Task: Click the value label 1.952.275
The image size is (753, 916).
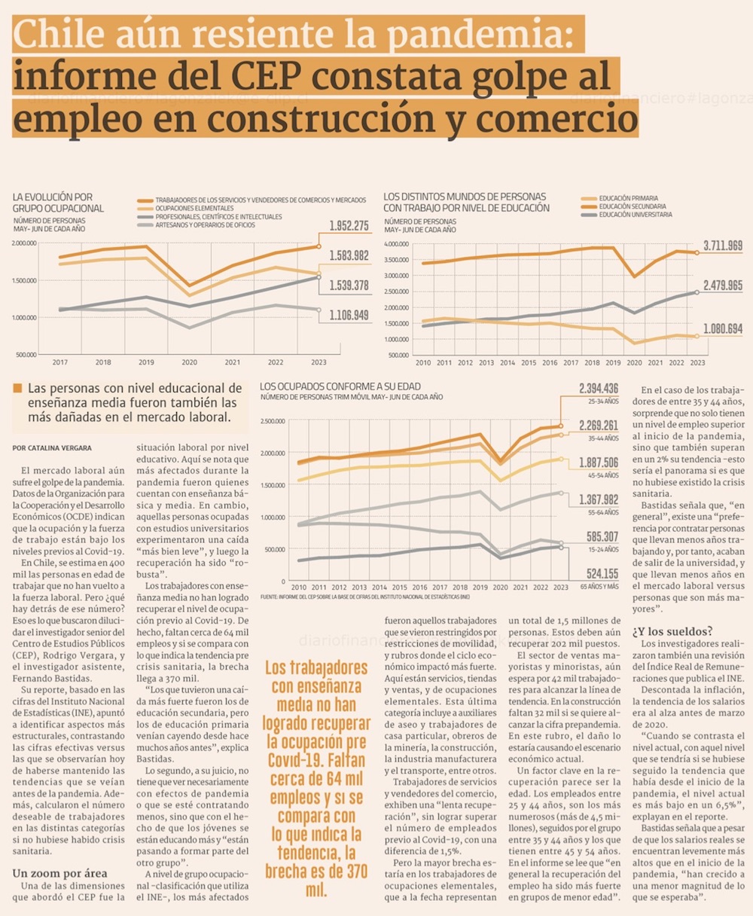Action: [349, 225]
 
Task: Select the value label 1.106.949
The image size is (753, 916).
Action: [349, 315]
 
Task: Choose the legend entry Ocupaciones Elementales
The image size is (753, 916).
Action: [194, 209]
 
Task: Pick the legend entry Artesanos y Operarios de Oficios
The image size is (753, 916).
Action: [205, 225]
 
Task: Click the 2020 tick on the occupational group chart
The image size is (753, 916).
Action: [190, 362]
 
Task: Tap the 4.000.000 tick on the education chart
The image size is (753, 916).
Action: [396, 244]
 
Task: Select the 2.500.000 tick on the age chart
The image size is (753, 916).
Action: [273, 421]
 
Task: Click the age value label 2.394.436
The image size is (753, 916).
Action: [599, 389]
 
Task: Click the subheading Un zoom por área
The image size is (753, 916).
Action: [59, 873]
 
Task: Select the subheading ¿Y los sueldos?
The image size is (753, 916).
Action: [672, 631]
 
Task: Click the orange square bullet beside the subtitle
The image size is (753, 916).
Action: [17, 389]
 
